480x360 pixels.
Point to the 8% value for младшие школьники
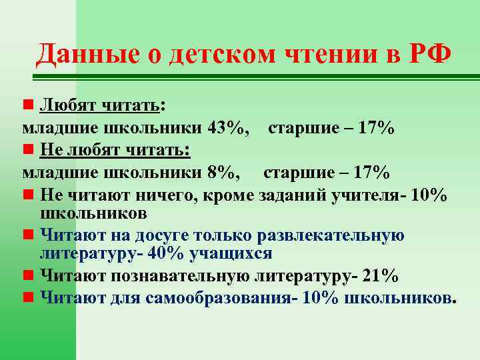click(221, 173)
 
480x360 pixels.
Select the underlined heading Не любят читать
click(114, 151)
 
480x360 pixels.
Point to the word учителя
click(371, 195)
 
